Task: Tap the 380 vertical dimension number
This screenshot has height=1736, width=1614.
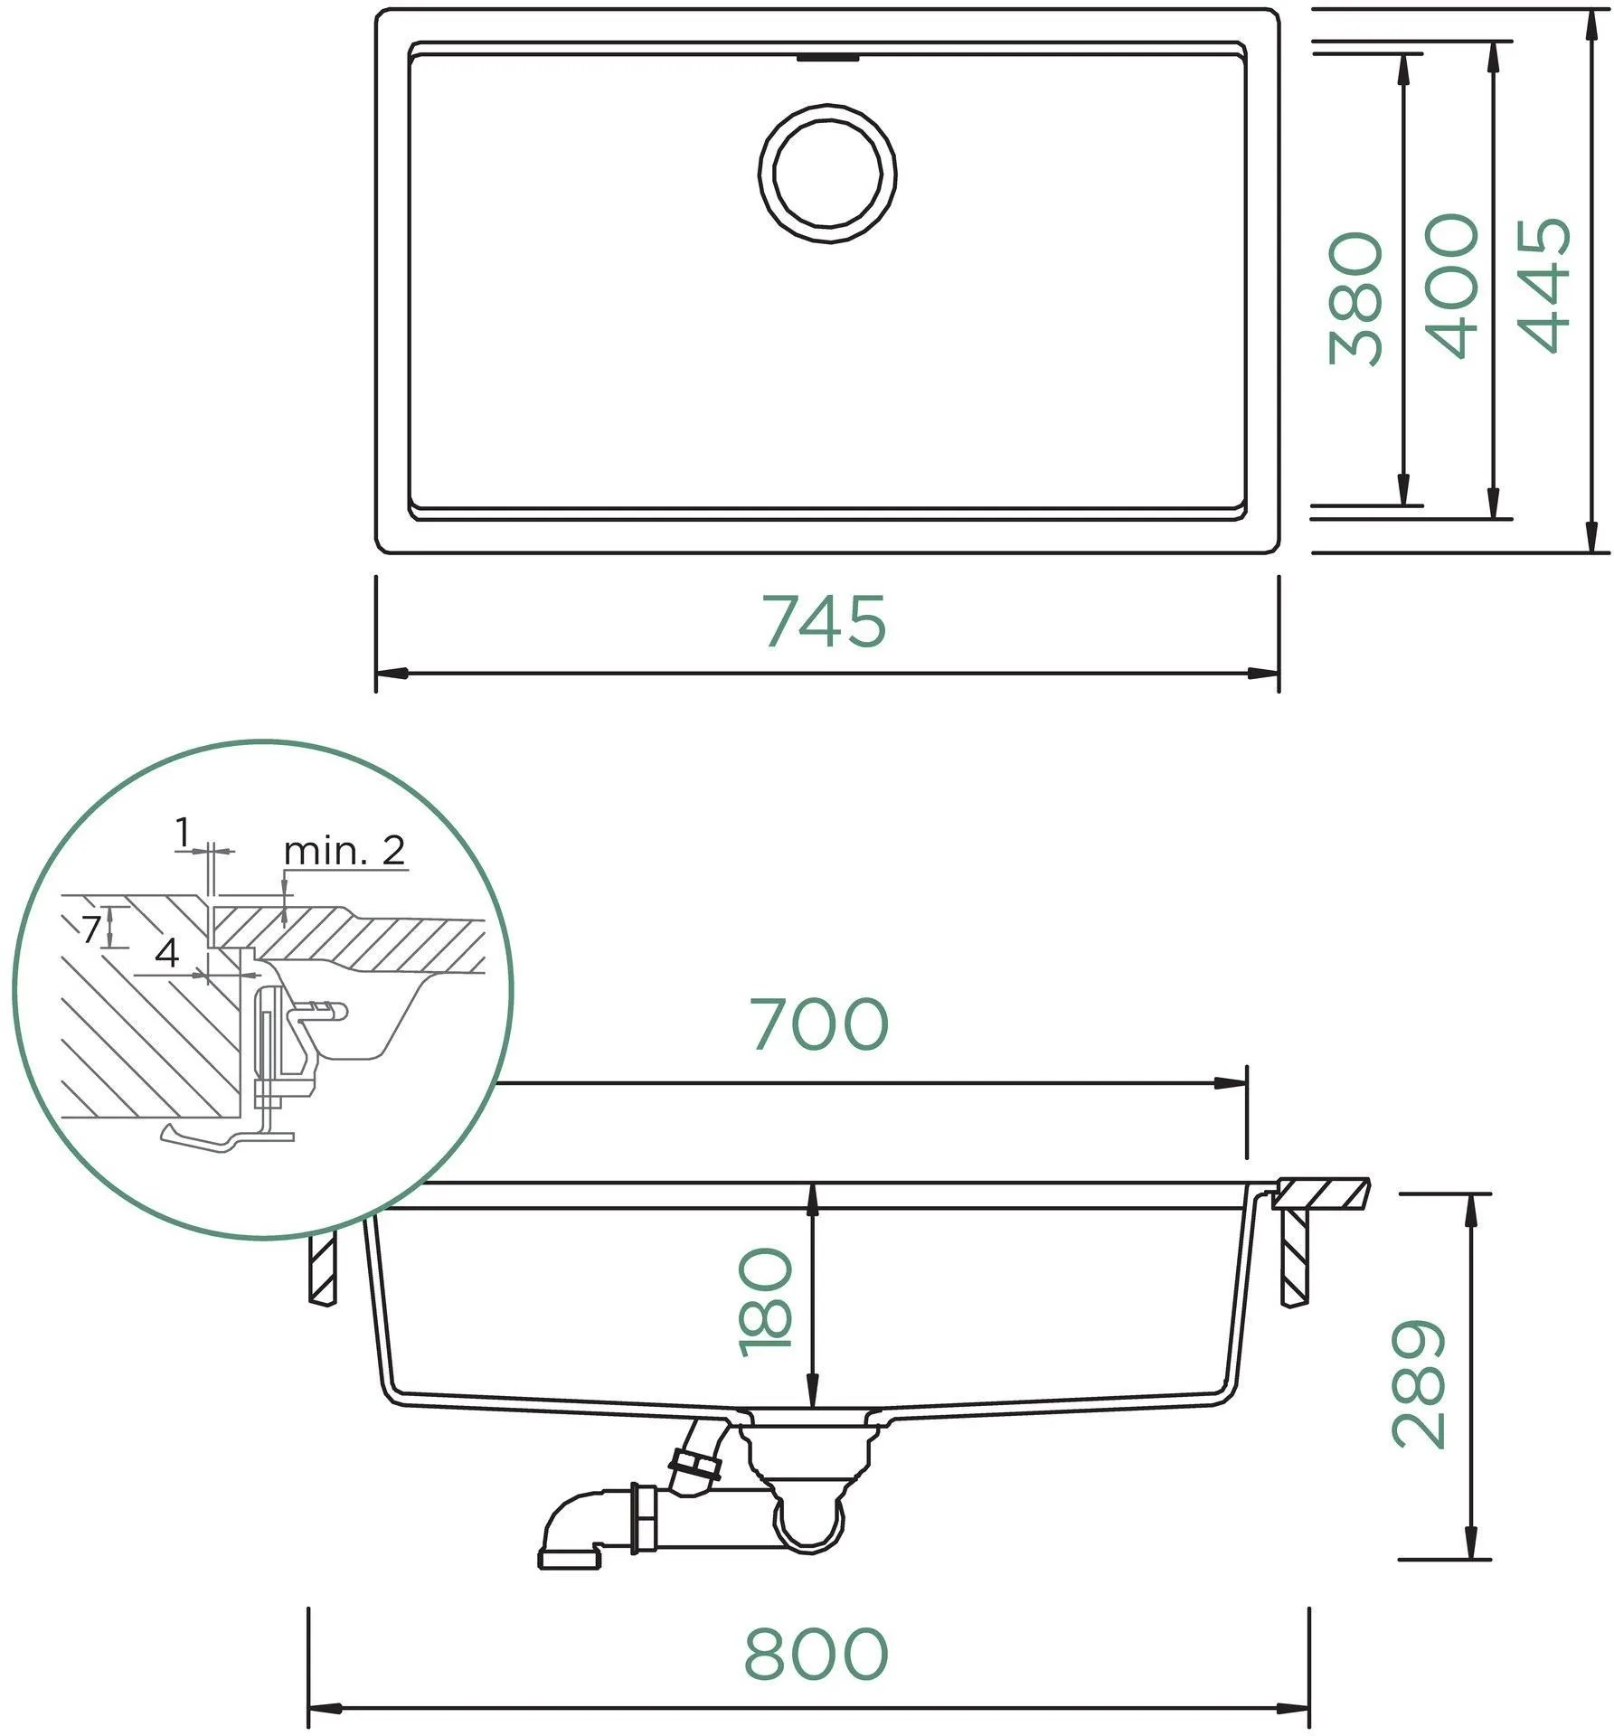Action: (x=1356, y=298)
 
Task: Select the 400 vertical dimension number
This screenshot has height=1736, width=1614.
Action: (x=1452, y=286)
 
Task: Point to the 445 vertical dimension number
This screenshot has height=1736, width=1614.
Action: (x=1545, y=284)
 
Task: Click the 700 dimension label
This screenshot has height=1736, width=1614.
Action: (x=820, y=1024)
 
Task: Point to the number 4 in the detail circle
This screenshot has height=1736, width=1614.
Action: (x=167, y=953)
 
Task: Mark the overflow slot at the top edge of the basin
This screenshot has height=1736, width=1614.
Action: (x=827, y=59)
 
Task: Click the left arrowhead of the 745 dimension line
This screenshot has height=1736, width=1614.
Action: (x=392, y=673)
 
